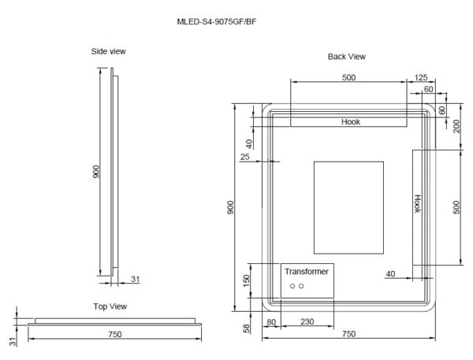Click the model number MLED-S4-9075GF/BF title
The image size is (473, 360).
point(217,21)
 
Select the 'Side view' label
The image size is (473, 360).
point(108,51)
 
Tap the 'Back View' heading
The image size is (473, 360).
point(347,57)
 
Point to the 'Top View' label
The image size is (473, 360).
point(110,306)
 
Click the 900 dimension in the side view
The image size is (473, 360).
point(96,172)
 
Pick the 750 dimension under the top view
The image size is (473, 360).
point(114,335)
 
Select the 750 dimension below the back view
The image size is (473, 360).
point(348,335)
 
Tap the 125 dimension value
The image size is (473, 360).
point(420,77)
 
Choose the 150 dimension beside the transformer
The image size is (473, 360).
point(246,279)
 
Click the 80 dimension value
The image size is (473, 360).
point(271,321)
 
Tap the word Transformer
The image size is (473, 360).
point(307,271)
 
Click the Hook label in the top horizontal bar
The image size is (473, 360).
point(350,122)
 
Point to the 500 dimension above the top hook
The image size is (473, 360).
point(348,77)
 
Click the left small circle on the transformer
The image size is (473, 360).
point(292,285)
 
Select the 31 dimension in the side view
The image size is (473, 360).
point(135,279)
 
